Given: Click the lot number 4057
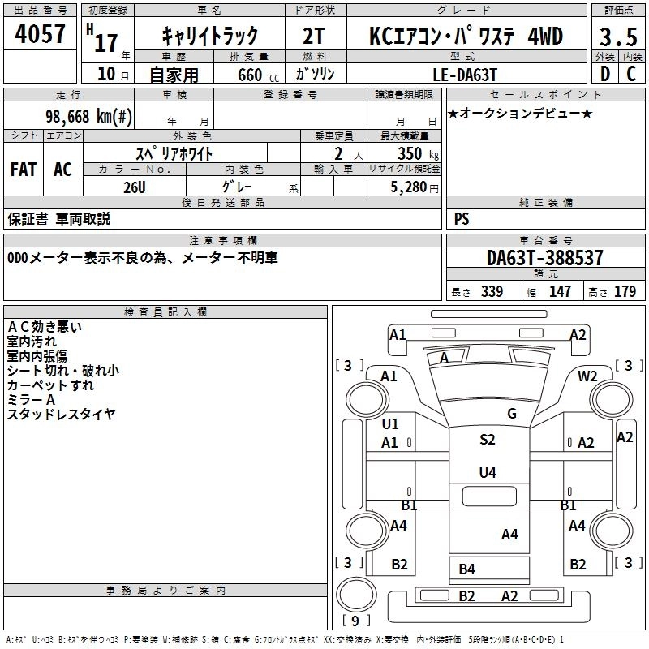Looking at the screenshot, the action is [x=41, y=34].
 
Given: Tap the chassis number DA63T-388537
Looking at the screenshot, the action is [x=545, y=259].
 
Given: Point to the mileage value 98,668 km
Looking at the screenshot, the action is [x=89, y=116].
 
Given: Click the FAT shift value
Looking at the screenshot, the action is [x=23, y=170].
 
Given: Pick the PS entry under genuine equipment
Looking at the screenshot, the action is [x=462, y=218].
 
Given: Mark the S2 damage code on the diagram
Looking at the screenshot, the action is [x=487, y=440].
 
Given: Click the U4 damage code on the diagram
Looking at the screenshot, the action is [x=487, y=472].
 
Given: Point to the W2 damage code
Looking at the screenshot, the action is [x=587, y=376].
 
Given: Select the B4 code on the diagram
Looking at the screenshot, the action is [x=466, y=569].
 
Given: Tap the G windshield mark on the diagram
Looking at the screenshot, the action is [x=511, y=414].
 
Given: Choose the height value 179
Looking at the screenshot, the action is [x=625, y=291].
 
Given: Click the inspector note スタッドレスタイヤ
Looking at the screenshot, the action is [x=61, y=415].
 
